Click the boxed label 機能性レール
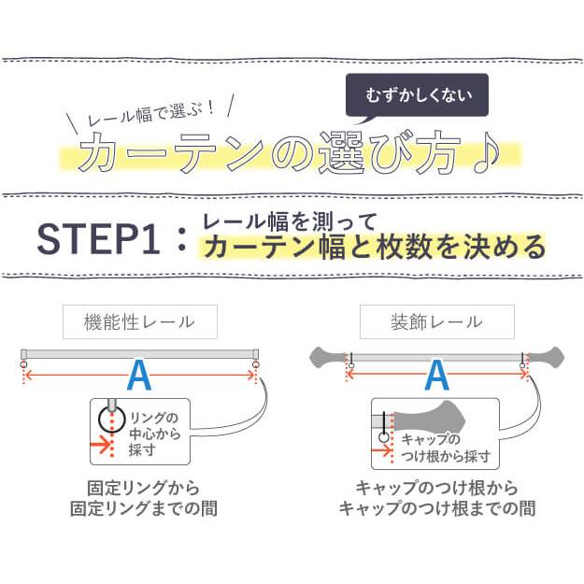click(140, 322)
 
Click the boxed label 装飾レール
click(435, 322)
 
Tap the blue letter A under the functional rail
click(138, 376)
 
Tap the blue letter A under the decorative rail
click(436, 376)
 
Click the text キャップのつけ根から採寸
click(445, 448)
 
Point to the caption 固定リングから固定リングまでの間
click(140, 499)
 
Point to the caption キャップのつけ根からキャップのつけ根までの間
click(436, 499)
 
